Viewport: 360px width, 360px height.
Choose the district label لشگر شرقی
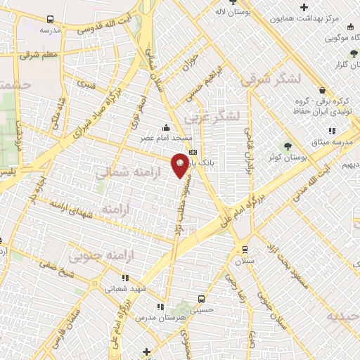(x=267, y=80)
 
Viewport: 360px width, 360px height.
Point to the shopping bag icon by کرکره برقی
(x=322, y=90)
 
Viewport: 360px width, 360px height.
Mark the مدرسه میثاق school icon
(x=331, y=131)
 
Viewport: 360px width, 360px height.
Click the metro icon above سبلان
(x=244, y=249)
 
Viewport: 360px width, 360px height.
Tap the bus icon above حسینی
(x=202, y=298)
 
